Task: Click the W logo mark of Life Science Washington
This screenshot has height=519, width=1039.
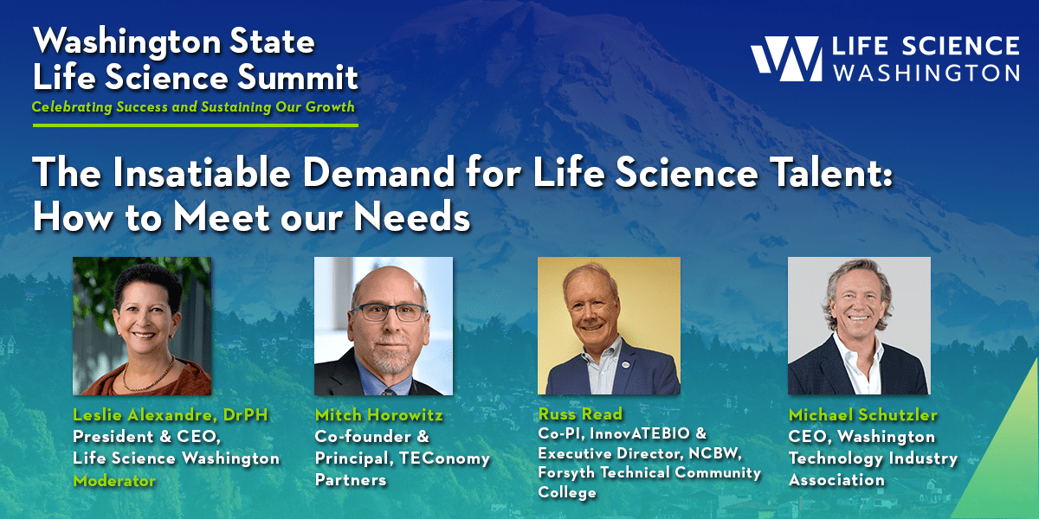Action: click(786, 60)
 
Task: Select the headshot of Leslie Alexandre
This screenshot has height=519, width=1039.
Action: click(141, 326)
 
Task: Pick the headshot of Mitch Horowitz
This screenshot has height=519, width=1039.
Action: click(383, 326)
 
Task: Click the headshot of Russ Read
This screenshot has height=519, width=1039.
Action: click(609, 326)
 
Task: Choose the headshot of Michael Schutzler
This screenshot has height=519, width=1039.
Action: click(859, 326)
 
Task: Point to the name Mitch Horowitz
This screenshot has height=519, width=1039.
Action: click(379, 416)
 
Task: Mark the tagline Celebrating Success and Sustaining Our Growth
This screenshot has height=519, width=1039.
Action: click(193, 107)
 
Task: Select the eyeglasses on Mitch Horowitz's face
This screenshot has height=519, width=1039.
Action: click(387, 312)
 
